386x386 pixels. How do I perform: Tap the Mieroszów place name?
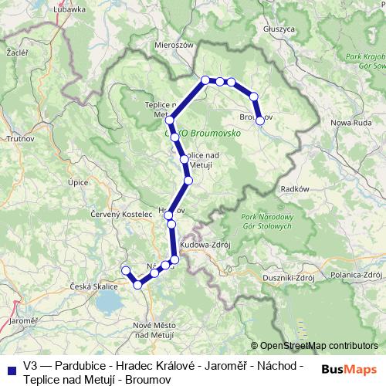coord(173,46)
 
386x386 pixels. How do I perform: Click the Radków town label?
coord(296,188)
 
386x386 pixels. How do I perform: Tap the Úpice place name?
coord(78,182)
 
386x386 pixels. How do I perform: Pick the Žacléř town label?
coord(16,54)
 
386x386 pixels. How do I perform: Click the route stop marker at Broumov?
coord(260,120)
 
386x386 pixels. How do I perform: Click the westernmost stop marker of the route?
coord(126,269)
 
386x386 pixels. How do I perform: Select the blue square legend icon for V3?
coord(11,366)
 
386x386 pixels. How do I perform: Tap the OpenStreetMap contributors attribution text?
coord(319,346)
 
